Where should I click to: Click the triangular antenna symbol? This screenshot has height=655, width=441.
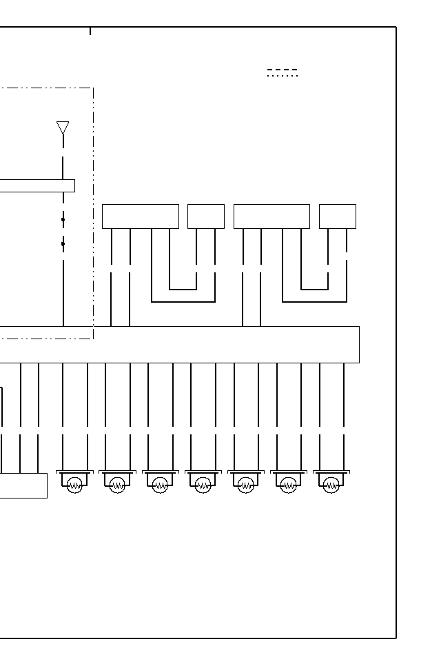click(x=63, y=128)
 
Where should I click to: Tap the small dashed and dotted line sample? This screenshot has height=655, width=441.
click(x=283, y=72)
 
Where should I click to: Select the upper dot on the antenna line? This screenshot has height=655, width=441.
click(x=63, y=220)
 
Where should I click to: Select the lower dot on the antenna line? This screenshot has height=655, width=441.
click(x=63, y=243)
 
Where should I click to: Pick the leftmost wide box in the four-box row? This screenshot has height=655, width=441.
click(x=140, y=216)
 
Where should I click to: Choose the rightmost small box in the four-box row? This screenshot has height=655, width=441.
click(x=338, y=216)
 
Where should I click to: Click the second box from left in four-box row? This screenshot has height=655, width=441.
click(x=206, y=216)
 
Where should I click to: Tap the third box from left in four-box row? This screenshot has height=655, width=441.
click(x=271, y=216)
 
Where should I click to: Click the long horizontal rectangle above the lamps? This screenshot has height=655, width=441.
click(x=207, y=344)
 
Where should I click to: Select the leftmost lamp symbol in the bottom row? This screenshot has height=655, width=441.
click(x=75, y=485)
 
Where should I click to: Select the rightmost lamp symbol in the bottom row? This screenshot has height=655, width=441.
click(x=331, y=485)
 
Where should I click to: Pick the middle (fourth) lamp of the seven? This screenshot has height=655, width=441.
click(x=203, y=485)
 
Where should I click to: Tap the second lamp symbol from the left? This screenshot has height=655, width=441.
click(x=118, y=485)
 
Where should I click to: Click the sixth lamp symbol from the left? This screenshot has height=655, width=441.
click(x=289, y=485)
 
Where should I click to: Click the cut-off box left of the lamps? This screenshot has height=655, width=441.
click(x=23, y=485)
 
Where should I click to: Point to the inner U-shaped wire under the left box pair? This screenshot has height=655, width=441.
click(x=183, y=289)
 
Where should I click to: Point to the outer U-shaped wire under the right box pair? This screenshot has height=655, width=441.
click(x=315, y=301)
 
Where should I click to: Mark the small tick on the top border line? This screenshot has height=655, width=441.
click(x=90, y=31)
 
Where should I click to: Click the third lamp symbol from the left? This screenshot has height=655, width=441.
click(x=161, y=485)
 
